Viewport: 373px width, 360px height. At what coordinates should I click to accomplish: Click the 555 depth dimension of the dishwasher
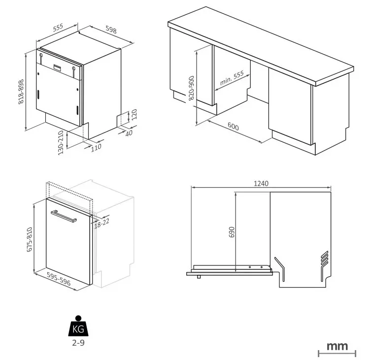[x=58, y=28]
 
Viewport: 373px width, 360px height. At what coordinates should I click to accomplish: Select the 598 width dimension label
[x=111, y=30]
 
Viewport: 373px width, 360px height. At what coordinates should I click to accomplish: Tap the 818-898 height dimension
[x=21, y=92]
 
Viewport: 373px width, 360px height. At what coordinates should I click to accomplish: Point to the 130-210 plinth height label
[x=61, y=143]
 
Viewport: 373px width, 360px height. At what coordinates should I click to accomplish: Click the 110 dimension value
[x=96, y=147]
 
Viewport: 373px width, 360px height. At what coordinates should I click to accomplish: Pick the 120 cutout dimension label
[x=135, y=114]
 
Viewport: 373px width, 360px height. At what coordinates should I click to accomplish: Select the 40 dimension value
[x=129, y=133]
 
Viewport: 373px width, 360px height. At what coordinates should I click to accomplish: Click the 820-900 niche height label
[x=191, y=88]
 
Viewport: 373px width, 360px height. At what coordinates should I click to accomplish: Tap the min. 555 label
[x=232, y=78]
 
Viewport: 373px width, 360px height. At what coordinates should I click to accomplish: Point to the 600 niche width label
[x=233, y=126]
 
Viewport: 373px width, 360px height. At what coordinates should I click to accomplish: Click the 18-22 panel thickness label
[x=102, y=223]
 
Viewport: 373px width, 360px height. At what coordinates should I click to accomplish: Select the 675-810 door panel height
[x=30, y=239]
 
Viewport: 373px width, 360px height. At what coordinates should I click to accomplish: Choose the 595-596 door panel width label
[x=59, y=279]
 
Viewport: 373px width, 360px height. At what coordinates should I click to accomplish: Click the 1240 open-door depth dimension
[x=261, y=184]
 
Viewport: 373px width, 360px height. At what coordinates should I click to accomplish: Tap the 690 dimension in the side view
[x=232, y=232]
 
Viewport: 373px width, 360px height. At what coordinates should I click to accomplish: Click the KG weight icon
[x=78, y=326]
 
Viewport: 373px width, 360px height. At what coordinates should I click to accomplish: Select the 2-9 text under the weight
[x=78, y=343]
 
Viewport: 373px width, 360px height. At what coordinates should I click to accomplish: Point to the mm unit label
[x=337, y=346]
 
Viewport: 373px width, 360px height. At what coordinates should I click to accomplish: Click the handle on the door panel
[x=64, y=216]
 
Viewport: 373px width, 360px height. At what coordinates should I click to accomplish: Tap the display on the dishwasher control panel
[x=57, y=67]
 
